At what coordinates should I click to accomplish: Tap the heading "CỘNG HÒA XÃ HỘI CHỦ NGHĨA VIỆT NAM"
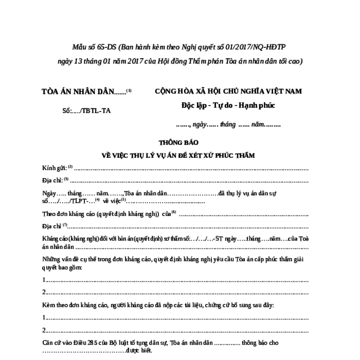(x=228, y=91)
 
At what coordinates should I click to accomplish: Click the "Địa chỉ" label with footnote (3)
(x=52, y=181)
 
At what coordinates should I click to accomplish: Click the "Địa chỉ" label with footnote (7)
(x=52, y=226)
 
